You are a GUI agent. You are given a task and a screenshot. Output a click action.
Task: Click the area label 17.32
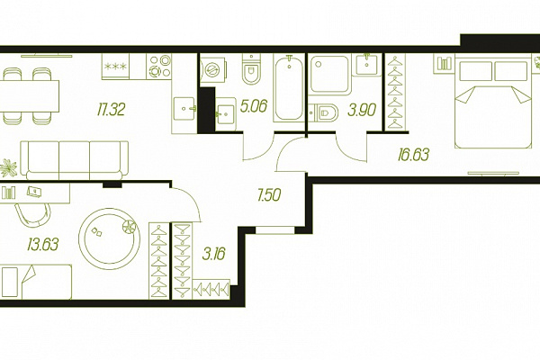tap(111, 110)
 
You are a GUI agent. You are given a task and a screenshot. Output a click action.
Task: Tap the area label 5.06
tap(254, 106)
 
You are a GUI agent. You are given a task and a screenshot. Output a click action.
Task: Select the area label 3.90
tap(361, 110)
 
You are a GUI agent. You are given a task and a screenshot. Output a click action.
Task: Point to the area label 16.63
tap(413, 155)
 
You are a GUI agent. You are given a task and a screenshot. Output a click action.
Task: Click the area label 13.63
tap(43, 244)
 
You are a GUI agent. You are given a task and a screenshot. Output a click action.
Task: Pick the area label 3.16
tap(214, 254)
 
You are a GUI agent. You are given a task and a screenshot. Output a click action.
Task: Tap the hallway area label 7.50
tap(269, 195)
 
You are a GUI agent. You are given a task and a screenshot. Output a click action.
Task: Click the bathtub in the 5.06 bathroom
tap(289, 88)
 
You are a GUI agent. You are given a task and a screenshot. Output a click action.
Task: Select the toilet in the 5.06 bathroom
tap(251, 69)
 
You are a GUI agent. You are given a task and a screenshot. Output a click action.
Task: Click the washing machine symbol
tap(212, 70)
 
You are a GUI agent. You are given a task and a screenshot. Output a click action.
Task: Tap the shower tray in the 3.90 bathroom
tap(329, 75)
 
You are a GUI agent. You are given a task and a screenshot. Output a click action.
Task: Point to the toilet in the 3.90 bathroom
tap(323, 112)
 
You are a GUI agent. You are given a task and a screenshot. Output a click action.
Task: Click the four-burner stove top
tap(159, 67)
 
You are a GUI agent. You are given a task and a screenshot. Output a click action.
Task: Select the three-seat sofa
tap(74, 160)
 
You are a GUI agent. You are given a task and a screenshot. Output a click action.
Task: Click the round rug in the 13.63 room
tap(109, 238)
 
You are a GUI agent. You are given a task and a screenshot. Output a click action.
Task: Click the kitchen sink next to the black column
tap(184, 109)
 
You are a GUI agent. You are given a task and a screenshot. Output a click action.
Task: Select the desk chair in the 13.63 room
tap(32, 215)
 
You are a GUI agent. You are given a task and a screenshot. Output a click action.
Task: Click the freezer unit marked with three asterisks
tap(115, 67)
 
